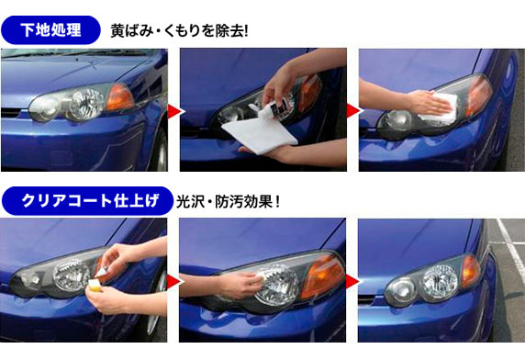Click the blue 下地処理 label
52,29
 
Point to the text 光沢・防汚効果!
228,200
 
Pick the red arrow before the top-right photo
352,110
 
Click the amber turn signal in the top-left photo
119,96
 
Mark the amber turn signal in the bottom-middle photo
321,276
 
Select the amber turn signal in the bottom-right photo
469,269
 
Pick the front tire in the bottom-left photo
155,312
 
